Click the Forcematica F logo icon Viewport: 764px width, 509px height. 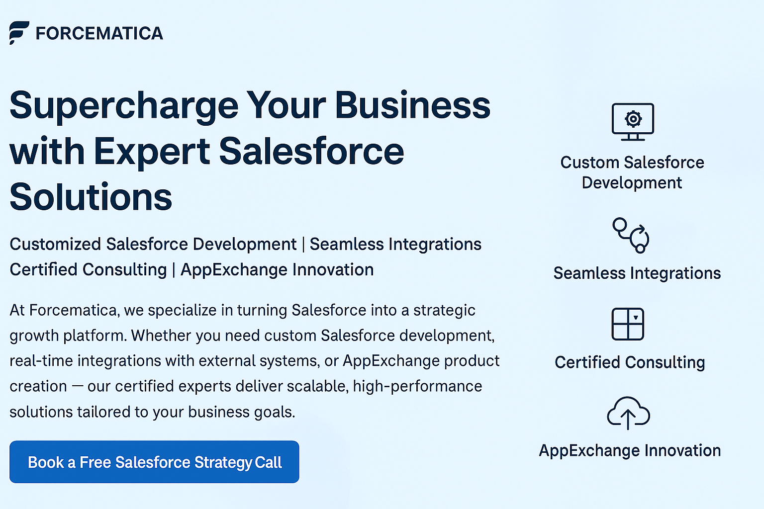tap(19, 33)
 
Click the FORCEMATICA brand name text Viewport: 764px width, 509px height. tap(99, 33)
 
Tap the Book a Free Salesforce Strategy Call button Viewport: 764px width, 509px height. tap(154, 462)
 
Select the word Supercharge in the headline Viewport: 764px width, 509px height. tap(124, 107)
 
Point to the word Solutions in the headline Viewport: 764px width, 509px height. tap(91, 197)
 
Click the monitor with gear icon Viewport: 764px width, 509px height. tap(633, 122)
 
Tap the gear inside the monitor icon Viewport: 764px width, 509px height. tap(633, 119)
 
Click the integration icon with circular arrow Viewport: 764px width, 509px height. tap(631, 235)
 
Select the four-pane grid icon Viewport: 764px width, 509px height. tap(628, 324)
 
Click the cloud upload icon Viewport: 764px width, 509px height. tap(628, 413)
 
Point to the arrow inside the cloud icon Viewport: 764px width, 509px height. tap(628, 420)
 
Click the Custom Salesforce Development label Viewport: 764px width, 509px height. tap(632, 172)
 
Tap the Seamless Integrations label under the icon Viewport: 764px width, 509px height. tap(637, 273)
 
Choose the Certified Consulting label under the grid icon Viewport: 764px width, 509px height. tap(630, 362)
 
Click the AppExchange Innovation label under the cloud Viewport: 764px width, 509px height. tap(630, 451)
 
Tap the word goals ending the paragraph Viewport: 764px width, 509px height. tap(276, 412)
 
